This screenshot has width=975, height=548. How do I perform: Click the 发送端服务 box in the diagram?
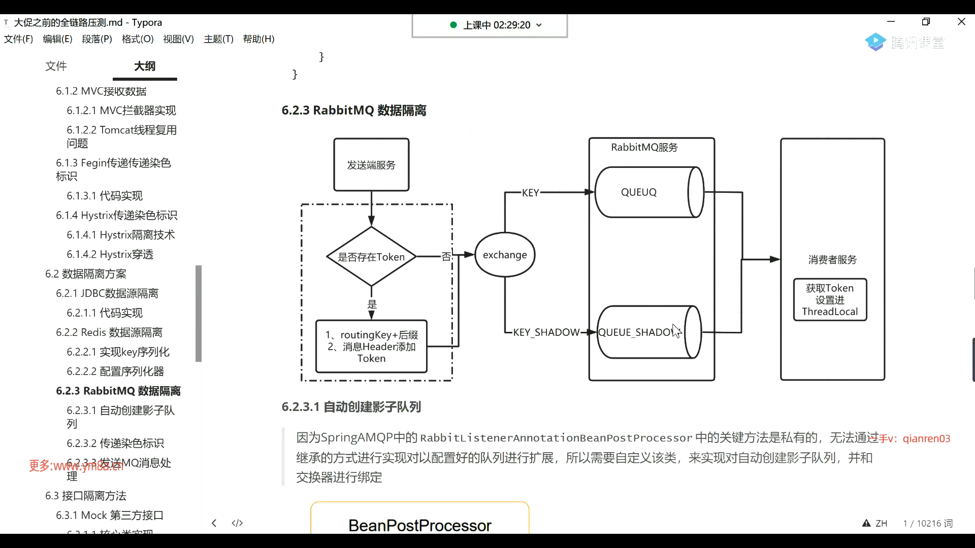(x=371, y=165)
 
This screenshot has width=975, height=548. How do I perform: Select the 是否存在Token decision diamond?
(x=371, y=257)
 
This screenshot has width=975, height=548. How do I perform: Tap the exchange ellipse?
(x=505, y=255)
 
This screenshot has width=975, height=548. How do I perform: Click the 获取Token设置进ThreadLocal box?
(x=830, y=300)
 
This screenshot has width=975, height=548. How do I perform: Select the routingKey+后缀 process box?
(x=371, y=347)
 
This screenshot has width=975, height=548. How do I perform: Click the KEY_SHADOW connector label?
(x=546, y=332)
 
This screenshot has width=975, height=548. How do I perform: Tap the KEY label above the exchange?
(x=531, y=193)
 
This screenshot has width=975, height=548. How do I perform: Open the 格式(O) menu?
(x=138, y=39)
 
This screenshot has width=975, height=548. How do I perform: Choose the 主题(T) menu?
(x=218, y=39)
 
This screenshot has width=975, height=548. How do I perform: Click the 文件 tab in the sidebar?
(x=56, y=66)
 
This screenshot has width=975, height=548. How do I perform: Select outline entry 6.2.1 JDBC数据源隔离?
(x=107, y=293)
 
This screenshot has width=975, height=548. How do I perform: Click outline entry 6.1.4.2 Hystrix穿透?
(x=110, y=254)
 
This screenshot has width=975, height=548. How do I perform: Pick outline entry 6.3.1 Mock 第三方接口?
(x=110, y=515)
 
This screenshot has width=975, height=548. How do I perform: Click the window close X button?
(x=961, y=22)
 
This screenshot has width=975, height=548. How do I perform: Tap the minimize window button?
(x=891, y=22)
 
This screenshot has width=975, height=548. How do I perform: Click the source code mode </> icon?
(x=237, y=523)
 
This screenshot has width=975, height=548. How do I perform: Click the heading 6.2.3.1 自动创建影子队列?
(x=351, y=407)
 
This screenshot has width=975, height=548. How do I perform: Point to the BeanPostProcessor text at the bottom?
(x=420, y=525)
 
